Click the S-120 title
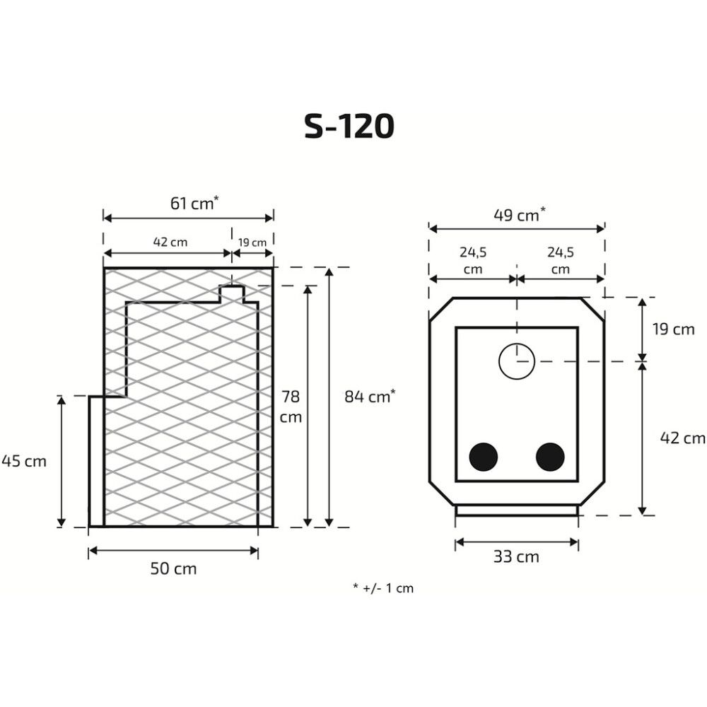tap(349, 126)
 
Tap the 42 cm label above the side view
tap(170, 242)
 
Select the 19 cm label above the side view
tap(252, 243)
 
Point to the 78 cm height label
tap(291, 407)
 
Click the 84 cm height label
tap(370, 397)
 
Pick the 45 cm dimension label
tap(24, 461)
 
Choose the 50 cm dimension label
tap(174, 568)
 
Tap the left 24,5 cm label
tap(473, 261)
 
